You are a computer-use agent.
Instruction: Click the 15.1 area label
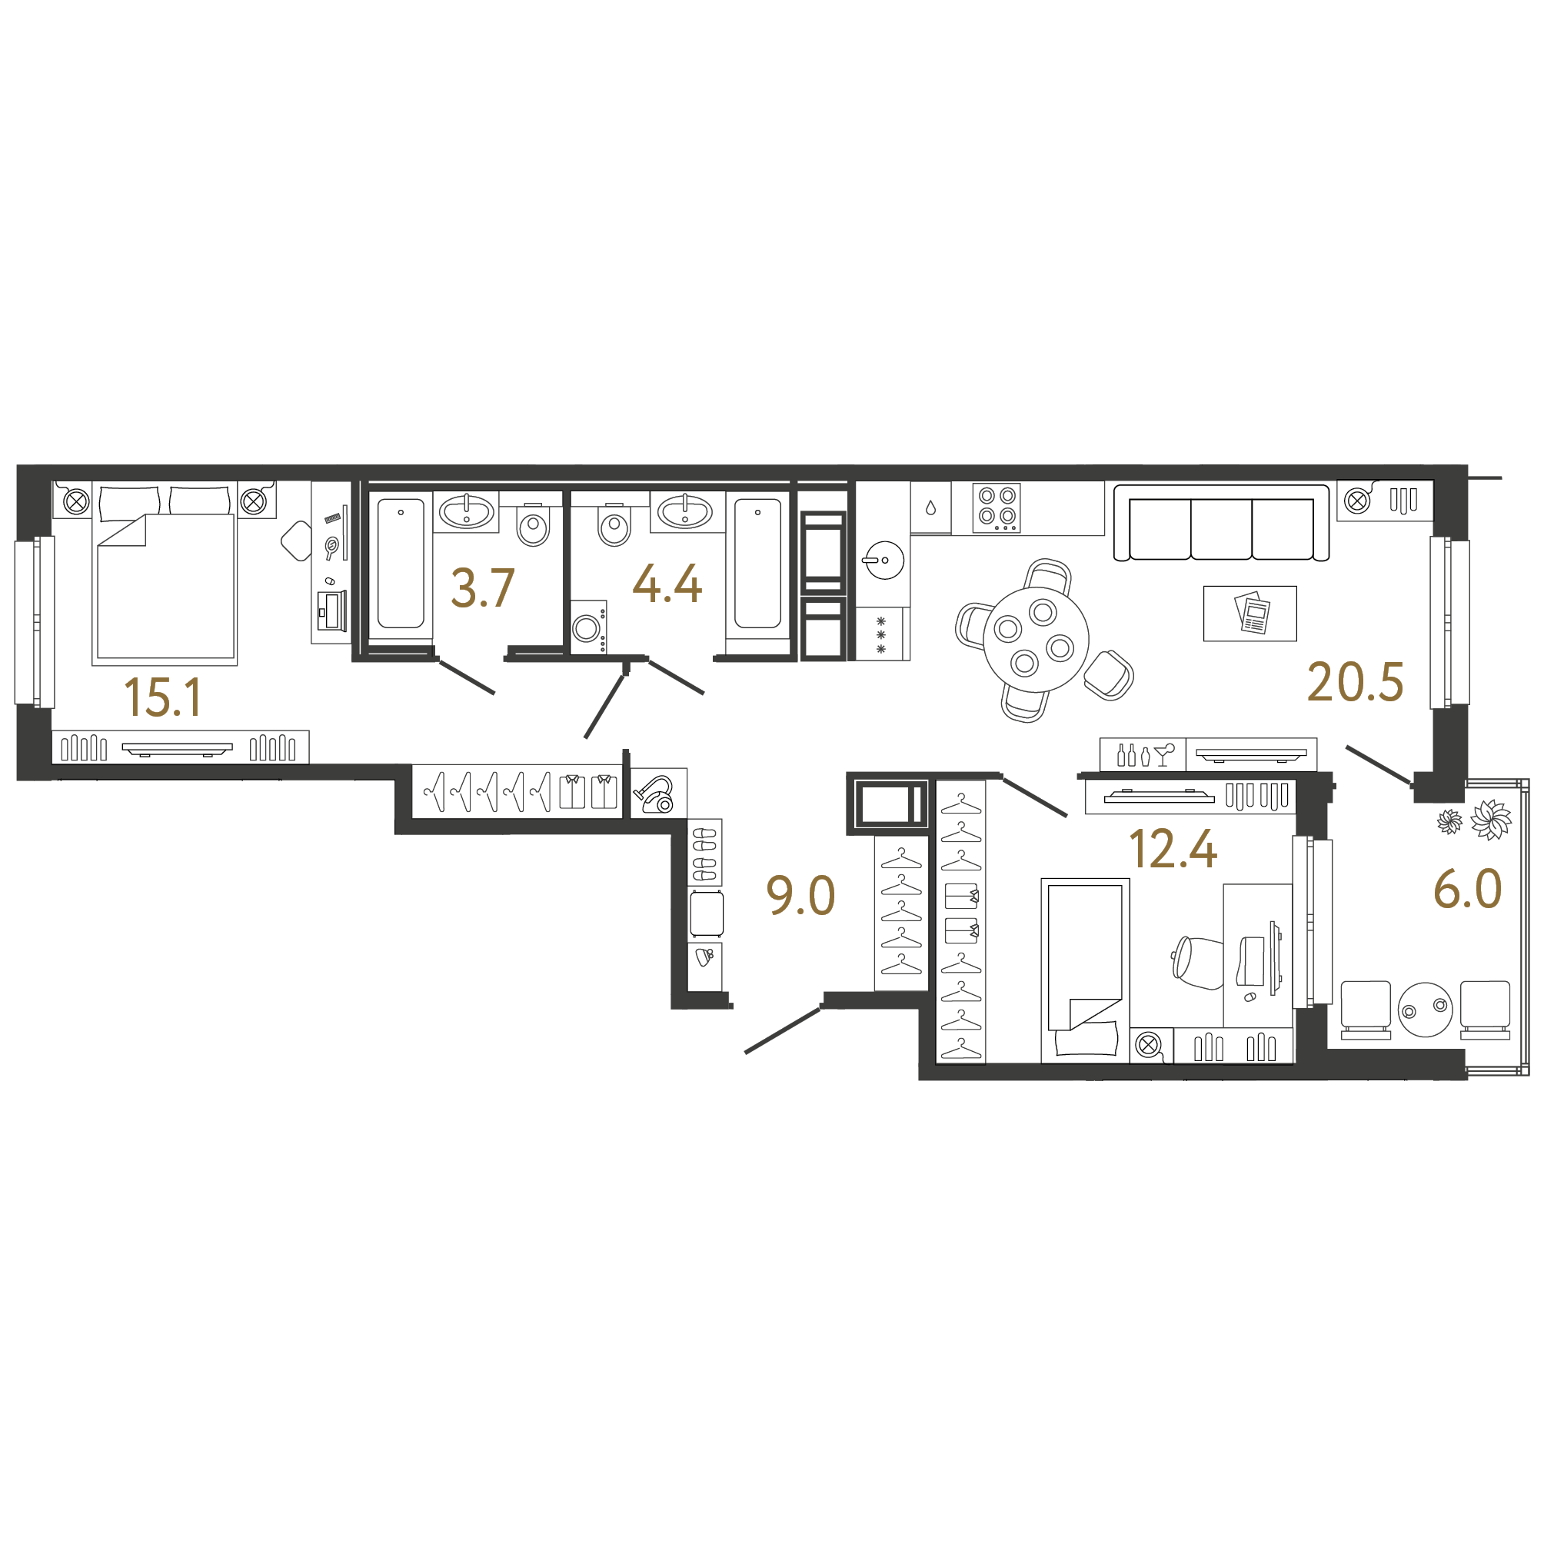point(163,697)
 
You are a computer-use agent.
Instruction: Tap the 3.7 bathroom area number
point(483,588)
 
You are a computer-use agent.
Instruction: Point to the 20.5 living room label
point(1356,683)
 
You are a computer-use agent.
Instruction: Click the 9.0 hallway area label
point(800,895)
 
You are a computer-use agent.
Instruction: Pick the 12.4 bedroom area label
point(1173,849)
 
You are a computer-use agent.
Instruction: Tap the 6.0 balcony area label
point(1467,889)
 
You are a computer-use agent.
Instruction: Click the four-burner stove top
point(997,508)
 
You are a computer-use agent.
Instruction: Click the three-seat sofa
point(1221,523)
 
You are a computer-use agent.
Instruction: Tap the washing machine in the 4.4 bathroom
point(588,627)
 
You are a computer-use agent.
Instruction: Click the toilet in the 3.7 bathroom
point(533,525)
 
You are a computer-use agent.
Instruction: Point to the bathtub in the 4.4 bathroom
point(757,564)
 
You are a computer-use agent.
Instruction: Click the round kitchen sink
point(884,560)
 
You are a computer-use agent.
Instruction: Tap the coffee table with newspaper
point(1250,614)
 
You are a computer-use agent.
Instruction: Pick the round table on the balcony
point(1425,1010)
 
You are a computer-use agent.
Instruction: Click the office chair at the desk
point(1196,962)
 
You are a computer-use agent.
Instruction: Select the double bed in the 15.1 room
point(165,572)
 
